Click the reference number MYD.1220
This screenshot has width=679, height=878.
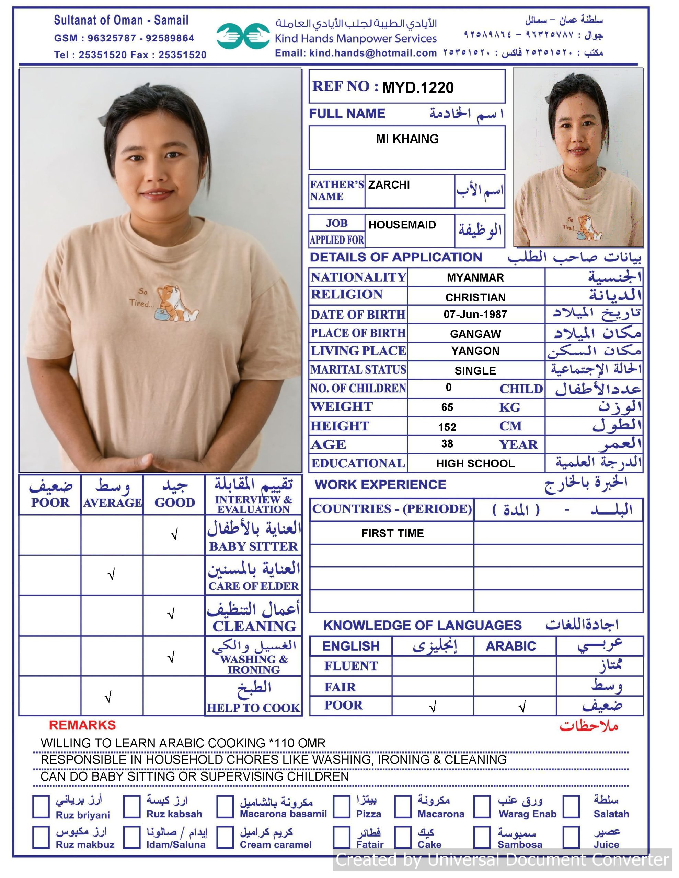point(417,87)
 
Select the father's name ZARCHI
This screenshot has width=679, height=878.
point(389,185)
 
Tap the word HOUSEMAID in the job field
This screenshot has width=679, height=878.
point(402,224)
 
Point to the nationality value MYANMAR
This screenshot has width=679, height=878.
point(475,277)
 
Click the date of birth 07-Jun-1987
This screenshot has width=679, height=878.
point(475,315)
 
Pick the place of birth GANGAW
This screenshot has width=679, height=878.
point(475,334)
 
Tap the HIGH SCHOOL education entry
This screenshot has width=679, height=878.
point(475,464)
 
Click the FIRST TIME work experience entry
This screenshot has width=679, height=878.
point(392,533)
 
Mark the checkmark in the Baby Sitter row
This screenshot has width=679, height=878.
point(174,535)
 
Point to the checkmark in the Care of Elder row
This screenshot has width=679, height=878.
point(112,574)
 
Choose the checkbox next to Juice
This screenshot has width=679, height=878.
point(571,837)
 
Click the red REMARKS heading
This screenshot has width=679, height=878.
point(82,725)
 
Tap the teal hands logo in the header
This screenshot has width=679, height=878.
point(243,36)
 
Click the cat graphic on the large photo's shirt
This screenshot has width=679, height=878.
point(176,304)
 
